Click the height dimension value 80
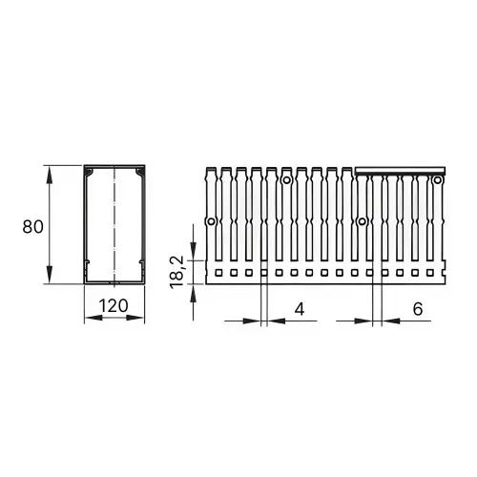tap(31, 226)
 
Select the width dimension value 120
tap(114, 307)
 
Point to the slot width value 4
tap(299, 309)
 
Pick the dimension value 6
tap(418, 309)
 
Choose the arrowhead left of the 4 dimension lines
tap(256, 321)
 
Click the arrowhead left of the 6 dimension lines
tap(366, 321)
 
